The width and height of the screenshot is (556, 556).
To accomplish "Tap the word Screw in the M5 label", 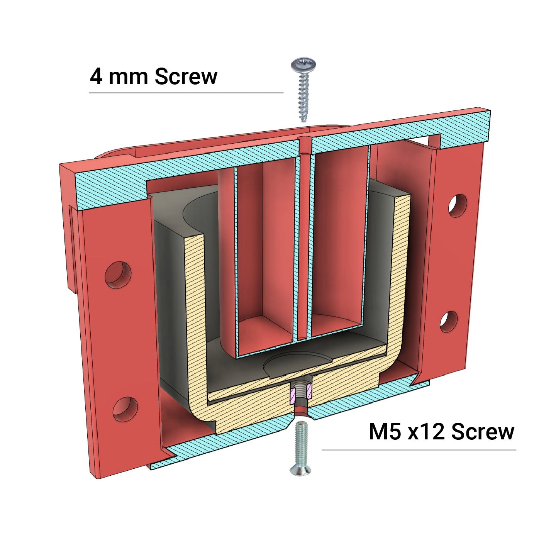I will (482, 432).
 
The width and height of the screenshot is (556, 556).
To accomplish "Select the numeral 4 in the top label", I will (96, 76).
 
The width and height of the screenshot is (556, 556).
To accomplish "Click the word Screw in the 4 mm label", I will (186, 76).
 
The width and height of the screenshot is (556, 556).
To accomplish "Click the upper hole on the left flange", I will (118, 275).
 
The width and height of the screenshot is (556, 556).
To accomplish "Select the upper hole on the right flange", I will (458, 205).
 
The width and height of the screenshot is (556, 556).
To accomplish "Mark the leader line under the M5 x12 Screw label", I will (419, 450).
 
